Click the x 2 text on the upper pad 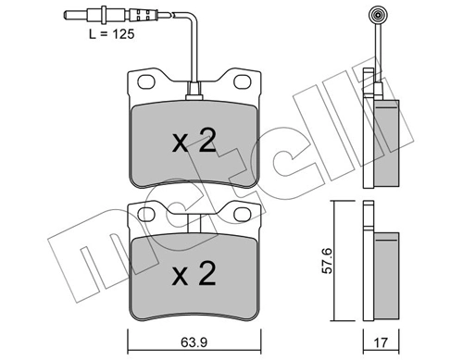pos(195,142)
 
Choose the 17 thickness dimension pos(380,336)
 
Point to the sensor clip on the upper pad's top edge pos(194,92)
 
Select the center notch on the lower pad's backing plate pos(194,223)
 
